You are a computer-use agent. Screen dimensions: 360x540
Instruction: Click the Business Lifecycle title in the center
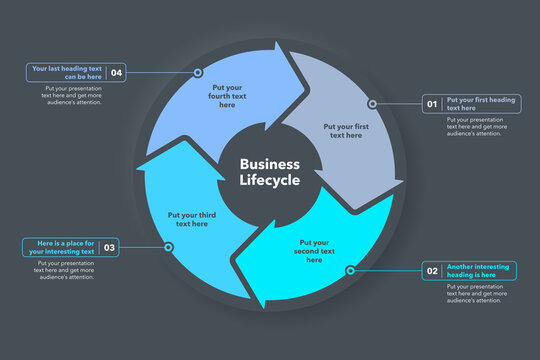269,172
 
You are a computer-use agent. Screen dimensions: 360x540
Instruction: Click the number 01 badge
433,104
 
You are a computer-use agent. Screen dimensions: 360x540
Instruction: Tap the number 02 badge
433,271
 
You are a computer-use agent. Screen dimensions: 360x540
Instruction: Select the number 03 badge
109,248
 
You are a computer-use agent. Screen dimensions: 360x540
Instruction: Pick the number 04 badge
117,72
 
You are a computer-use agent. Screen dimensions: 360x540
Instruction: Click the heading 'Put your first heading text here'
481,104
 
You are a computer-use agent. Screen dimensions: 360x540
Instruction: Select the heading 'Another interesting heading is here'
479,271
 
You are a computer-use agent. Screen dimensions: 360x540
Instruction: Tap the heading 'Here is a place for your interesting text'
60,248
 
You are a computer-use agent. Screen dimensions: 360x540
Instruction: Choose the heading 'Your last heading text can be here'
66,72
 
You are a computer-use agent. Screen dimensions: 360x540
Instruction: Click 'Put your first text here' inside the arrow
345,131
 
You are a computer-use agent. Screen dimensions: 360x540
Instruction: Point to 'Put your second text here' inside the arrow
314,251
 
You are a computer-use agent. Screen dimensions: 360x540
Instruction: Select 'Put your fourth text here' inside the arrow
227,96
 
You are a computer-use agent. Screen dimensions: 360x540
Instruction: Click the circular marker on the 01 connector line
372,103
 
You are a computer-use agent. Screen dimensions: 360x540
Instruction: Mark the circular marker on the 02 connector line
350,271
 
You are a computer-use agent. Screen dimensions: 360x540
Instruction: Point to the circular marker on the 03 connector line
168,247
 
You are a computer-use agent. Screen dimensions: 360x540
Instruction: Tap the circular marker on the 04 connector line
198,72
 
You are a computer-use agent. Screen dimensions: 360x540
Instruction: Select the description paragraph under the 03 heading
65,270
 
